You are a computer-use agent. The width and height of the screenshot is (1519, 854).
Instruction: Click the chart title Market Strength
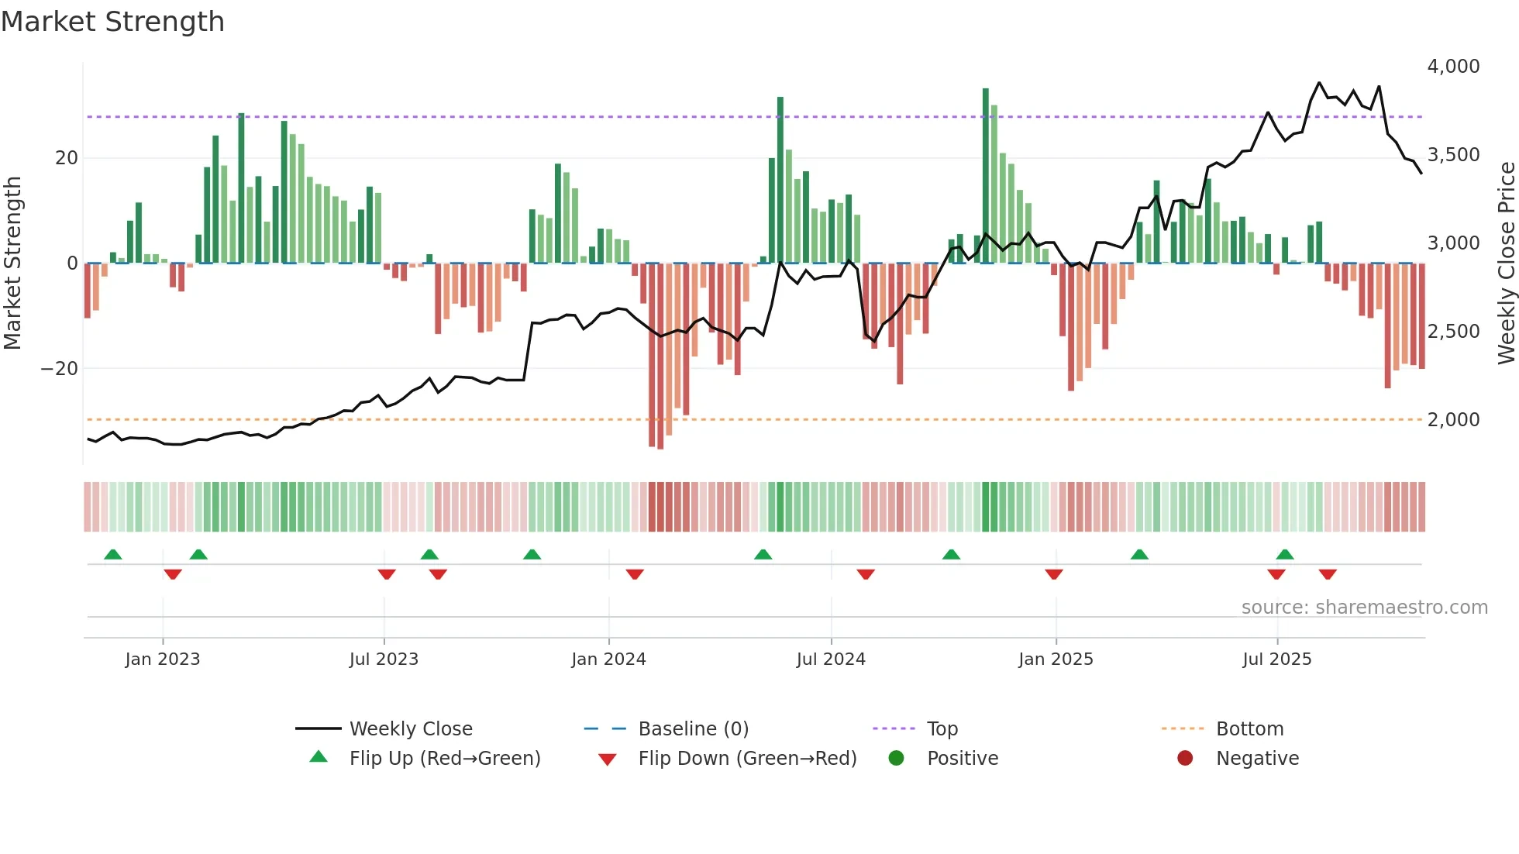[x=112, y=22]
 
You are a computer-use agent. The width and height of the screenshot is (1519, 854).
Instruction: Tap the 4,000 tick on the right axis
[x=1453, y=67]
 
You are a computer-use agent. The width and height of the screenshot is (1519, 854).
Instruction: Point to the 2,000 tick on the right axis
[x=1453, y=420]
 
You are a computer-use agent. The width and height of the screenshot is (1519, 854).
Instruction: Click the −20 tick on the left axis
[x=60, y=369]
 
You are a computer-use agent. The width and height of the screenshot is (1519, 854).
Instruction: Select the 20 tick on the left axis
[x=67, y=158]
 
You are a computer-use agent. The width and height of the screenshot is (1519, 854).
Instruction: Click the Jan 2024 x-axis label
[x=608, y=659]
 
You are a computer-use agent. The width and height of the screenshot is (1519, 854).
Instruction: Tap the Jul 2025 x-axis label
[x=1276, y=659]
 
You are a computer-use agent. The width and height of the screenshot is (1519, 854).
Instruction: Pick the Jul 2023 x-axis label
[x=384, y=659]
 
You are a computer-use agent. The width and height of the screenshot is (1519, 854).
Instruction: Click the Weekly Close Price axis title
[x=1506, y=263]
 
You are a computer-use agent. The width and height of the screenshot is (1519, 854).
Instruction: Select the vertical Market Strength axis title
[x=13, y=263]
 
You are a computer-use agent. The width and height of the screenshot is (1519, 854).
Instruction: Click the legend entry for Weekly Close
[x=410, y=729]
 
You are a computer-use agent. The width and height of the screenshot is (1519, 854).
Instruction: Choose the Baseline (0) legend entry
[x=693, y=729]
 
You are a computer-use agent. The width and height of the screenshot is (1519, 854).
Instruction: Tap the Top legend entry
[x=942, y=729]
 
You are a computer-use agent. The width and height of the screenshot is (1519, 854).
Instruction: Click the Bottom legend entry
[x=1249, y=729]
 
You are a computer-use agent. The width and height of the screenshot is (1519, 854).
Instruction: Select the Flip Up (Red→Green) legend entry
[x=444, y=759]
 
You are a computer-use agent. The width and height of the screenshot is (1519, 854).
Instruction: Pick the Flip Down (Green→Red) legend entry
[x=747, y=759]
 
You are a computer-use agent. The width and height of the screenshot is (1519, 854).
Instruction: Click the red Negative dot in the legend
[x=1185, y=759]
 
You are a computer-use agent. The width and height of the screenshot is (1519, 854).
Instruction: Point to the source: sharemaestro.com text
[x=1364, y=608]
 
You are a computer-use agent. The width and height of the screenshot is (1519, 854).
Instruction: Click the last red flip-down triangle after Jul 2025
[x=1328, y=574]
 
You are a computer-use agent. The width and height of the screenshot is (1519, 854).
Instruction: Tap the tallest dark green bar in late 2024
[x=986, y=174]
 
